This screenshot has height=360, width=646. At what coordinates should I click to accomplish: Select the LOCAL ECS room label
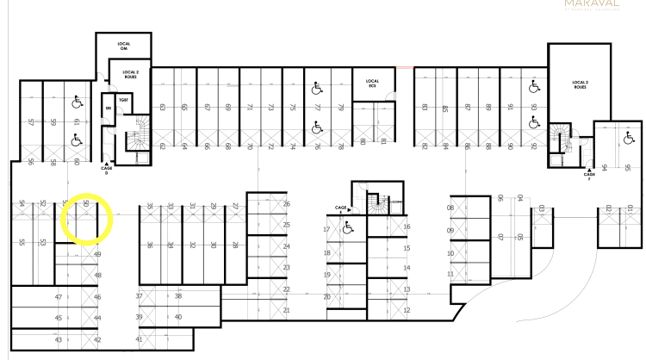coord(373,84)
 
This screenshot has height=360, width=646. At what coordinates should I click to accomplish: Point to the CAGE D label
coord(108,171)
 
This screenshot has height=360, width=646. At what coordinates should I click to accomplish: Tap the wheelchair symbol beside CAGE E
coord(348,228)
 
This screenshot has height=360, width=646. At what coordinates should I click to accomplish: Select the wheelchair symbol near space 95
coord(627,137)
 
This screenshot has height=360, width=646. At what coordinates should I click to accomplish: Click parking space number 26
coord(286,204)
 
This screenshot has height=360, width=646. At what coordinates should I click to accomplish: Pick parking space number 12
coord(406,310)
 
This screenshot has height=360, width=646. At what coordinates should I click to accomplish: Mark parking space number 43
coord(59,340)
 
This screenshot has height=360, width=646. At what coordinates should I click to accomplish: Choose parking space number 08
coord(450,208)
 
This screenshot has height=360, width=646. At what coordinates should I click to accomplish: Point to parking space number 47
coord(59,296)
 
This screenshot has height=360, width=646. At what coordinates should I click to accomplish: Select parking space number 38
coord(178,295)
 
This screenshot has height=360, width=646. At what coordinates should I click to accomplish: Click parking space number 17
coord(327,230)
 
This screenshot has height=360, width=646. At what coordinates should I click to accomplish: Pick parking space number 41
coord(139,339)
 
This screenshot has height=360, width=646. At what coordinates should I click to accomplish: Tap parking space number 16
coord(406,227)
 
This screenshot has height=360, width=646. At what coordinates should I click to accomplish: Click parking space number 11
coord(450,274)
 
